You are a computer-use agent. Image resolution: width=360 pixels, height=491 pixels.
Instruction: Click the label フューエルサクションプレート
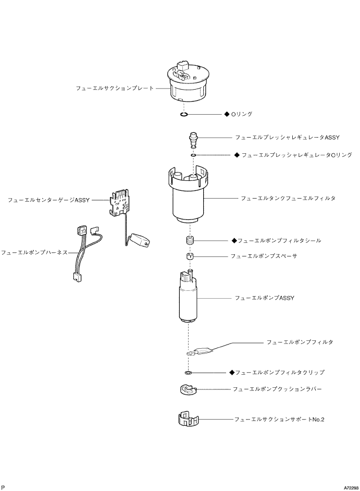(x=115, y=88)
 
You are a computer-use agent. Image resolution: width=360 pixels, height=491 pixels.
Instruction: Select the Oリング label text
(x=242, y=114)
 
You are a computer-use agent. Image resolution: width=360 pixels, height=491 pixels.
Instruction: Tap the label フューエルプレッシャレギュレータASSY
(x=287, y=138)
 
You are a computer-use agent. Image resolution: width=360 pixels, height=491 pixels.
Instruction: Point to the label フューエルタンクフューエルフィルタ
(x=288, y=199)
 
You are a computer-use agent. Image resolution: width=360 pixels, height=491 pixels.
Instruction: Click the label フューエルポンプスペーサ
(x=267, y=256)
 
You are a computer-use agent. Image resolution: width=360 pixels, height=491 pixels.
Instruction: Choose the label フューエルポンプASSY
(x=265, y=298)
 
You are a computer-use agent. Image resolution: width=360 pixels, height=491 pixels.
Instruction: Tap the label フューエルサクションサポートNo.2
(x=279, y=419)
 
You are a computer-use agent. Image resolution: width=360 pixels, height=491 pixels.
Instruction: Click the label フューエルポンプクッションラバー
(x=277, y=389)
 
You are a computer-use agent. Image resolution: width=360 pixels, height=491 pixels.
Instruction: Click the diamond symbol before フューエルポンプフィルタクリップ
(x=232, y=373)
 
